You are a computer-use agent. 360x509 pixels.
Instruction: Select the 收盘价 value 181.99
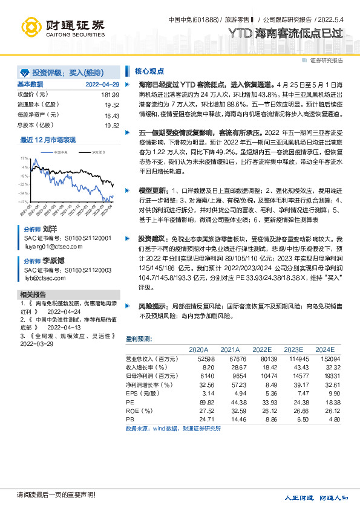(110, 95)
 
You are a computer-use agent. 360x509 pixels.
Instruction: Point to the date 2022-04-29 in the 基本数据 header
(102, 84)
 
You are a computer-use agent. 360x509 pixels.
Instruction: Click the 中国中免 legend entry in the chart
(60, 152)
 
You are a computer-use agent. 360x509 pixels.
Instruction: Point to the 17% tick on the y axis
(24, 158)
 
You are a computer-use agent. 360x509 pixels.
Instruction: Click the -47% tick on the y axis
(24, 201)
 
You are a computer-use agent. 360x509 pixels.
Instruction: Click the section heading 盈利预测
(139, 339)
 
